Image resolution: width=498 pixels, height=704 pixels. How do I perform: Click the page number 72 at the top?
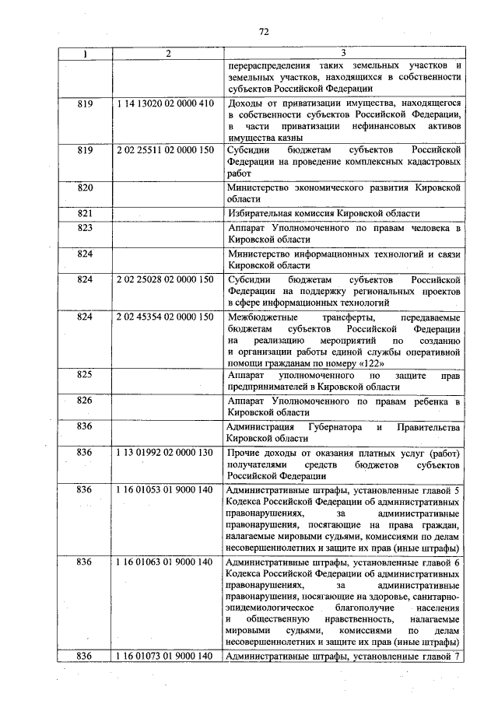tap(264, 31)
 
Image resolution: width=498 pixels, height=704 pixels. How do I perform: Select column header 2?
tap(167, 53)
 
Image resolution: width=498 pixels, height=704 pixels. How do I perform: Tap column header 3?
tap(344, 53)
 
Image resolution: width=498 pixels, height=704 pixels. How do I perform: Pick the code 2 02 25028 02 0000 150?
tap(164, 278)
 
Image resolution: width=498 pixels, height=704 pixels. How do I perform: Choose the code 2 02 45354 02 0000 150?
tap(164, 317)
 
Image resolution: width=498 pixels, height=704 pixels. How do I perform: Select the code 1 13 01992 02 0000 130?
tap(164, 452)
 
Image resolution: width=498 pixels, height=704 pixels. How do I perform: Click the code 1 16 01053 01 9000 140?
tap(164, 490)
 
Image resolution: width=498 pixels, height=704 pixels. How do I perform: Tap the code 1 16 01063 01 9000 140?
tap(164, 560)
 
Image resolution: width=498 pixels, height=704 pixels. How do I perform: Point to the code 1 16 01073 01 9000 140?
tap(164, 657)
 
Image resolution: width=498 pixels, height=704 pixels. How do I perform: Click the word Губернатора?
tap(331, 426)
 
